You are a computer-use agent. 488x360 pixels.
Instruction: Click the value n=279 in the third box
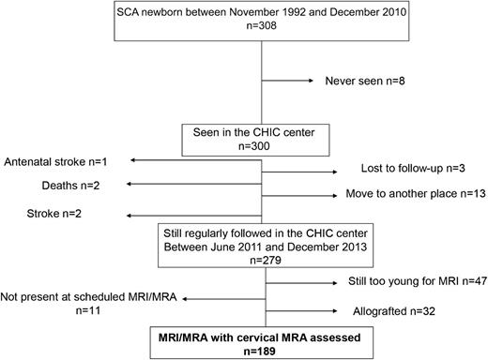262,251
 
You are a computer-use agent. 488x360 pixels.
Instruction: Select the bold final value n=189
262,343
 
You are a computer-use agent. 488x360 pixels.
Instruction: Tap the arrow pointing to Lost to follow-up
300,172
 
